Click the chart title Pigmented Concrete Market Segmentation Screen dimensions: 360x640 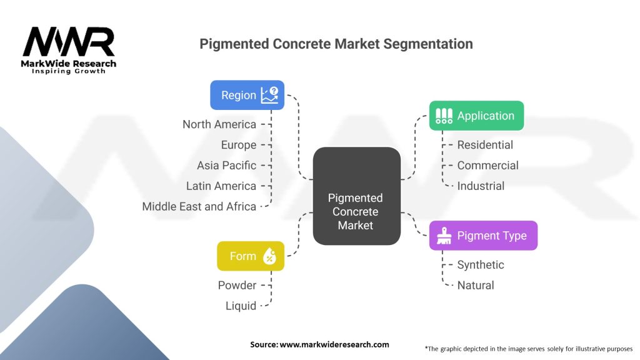[336, 44]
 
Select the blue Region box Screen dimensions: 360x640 [247, 95]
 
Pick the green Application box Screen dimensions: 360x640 [476, 116]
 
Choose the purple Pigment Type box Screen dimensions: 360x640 [482, 236]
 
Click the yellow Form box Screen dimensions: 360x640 [250, 256]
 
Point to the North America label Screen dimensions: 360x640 [219, 124]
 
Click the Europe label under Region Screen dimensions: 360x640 [239, 145]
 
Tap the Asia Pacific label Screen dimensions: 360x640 [226, 166]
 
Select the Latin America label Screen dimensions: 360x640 [221, 186]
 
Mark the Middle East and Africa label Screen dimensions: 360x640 [199, 206]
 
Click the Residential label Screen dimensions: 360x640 [485, 145]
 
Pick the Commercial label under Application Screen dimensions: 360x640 [487, 166]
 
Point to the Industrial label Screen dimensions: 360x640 [481, 186]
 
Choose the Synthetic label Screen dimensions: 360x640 [481, 265]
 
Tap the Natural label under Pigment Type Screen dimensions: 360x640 [476, 285]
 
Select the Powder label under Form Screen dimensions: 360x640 [237, 285]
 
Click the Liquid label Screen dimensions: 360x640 [241, 306]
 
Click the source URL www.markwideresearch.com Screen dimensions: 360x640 [334, 344]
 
